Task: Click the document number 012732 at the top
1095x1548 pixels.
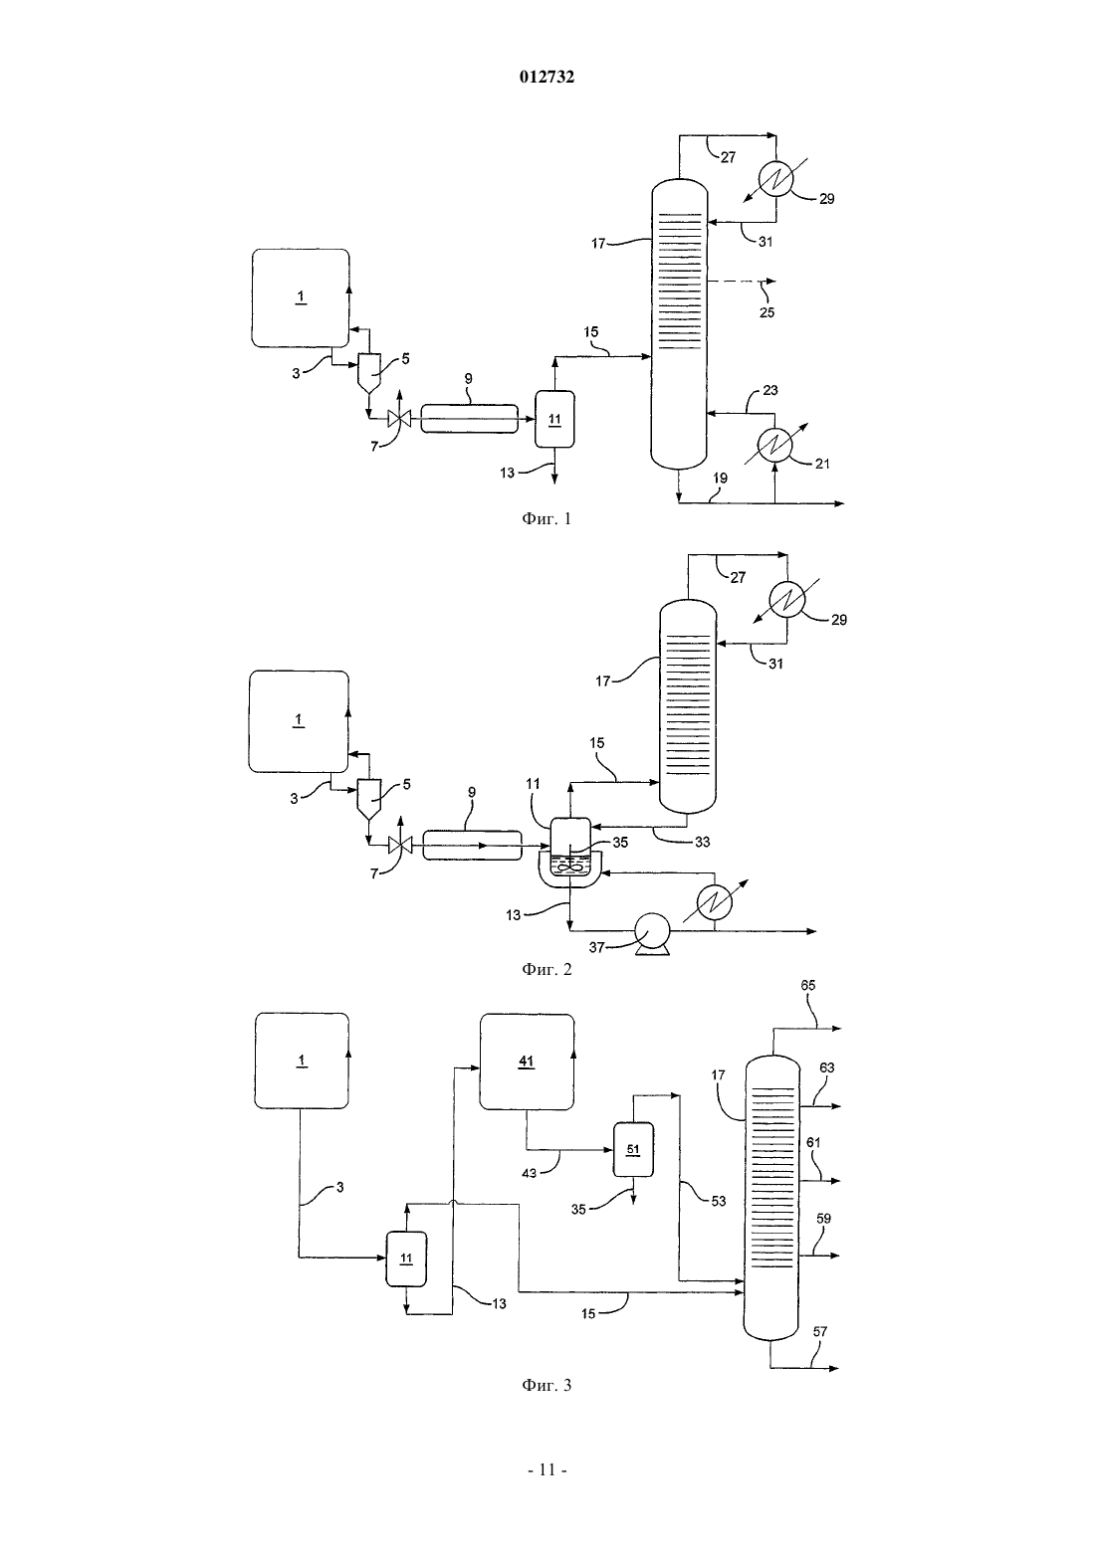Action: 547,77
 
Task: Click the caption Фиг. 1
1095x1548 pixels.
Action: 547,518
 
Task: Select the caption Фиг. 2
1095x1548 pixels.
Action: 547,969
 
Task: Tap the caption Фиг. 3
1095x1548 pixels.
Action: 547,1384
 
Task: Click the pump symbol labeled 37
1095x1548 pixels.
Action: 653,933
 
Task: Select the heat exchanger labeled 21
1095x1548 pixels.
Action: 774,445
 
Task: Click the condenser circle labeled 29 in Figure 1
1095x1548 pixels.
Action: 775,179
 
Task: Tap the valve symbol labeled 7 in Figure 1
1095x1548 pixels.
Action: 399,418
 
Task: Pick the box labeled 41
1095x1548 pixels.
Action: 527,1062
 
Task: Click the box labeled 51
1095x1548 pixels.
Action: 633,1149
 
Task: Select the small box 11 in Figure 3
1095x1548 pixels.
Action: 406,1258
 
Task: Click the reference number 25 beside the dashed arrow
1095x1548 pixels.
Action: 766,312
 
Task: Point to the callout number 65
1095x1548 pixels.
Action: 807,985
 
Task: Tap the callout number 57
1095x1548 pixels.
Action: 820,1331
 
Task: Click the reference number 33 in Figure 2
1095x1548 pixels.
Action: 703,842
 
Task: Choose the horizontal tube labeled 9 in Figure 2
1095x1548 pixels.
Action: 472,845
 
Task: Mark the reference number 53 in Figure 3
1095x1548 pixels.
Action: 719,1201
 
